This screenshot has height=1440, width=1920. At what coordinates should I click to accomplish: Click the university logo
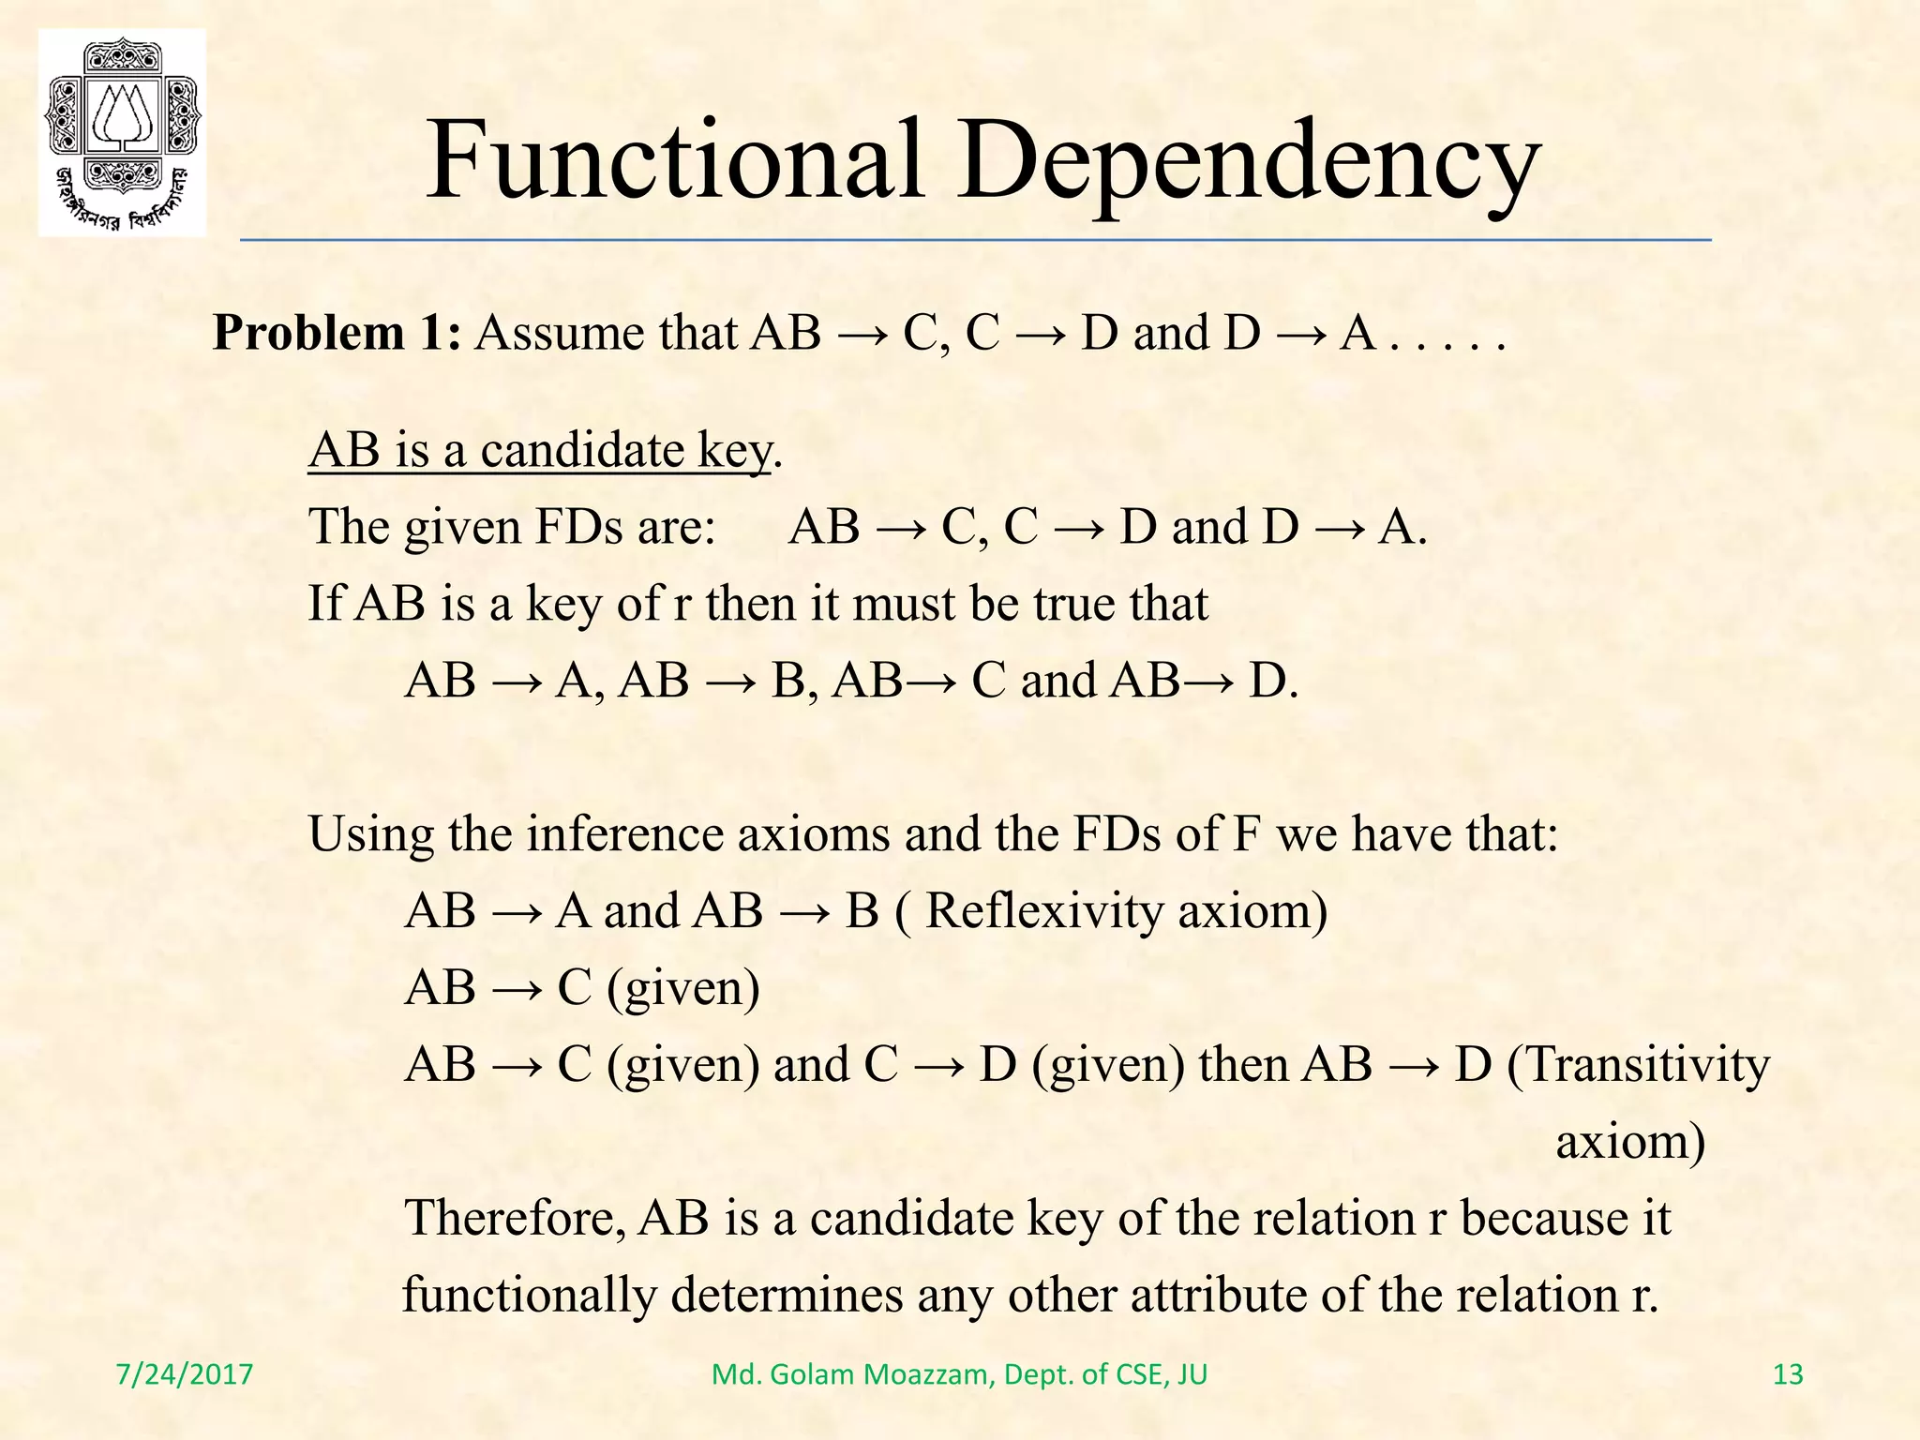click(122, 132)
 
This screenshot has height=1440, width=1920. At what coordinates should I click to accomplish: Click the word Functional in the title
click(675, 161)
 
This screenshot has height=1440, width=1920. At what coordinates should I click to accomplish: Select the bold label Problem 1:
click(337, 333)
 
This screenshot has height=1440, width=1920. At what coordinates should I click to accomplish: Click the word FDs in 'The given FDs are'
click(577, 527)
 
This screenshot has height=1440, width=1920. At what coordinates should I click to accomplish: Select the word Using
click(371, 834)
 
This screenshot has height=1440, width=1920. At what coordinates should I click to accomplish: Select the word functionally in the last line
click(529, 1296)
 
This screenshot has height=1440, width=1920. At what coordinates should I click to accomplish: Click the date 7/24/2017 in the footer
click(185, 1374)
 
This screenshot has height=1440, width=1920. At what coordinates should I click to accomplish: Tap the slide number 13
click(1788, 1374)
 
